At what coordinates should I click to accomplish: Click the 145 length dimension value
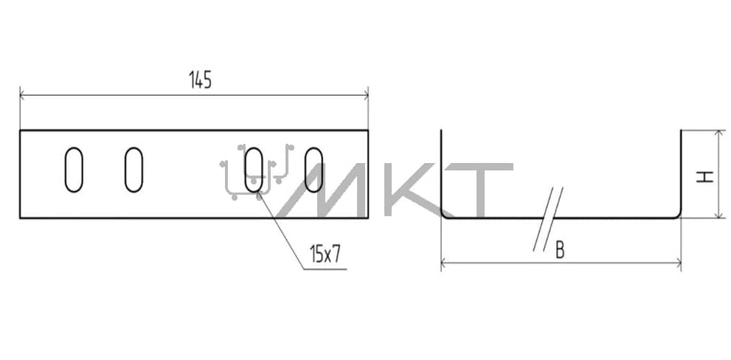[x=201, y=80]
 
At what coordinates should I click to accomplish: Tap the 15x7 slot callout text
[x=325, y=255]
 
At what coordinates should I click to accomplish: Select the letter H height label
[x=705, y=177]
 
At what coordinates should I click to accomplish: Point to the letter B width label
[x=560, y=250]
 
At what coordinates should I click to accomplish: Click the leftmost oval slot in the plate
[x=74, y=170]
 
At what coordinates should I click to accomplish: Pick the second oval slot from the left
[x=134, y=170]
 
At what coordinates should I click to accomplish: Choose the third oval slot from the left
[x=254, y=170]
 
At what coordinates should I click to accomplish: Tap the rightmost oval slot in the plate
[x=313, y=170]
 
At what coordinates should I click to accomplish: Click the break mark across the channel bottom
[x=548, y=218]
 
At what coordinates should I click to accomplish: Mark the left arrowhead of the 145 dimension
[x=23, y=95]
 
